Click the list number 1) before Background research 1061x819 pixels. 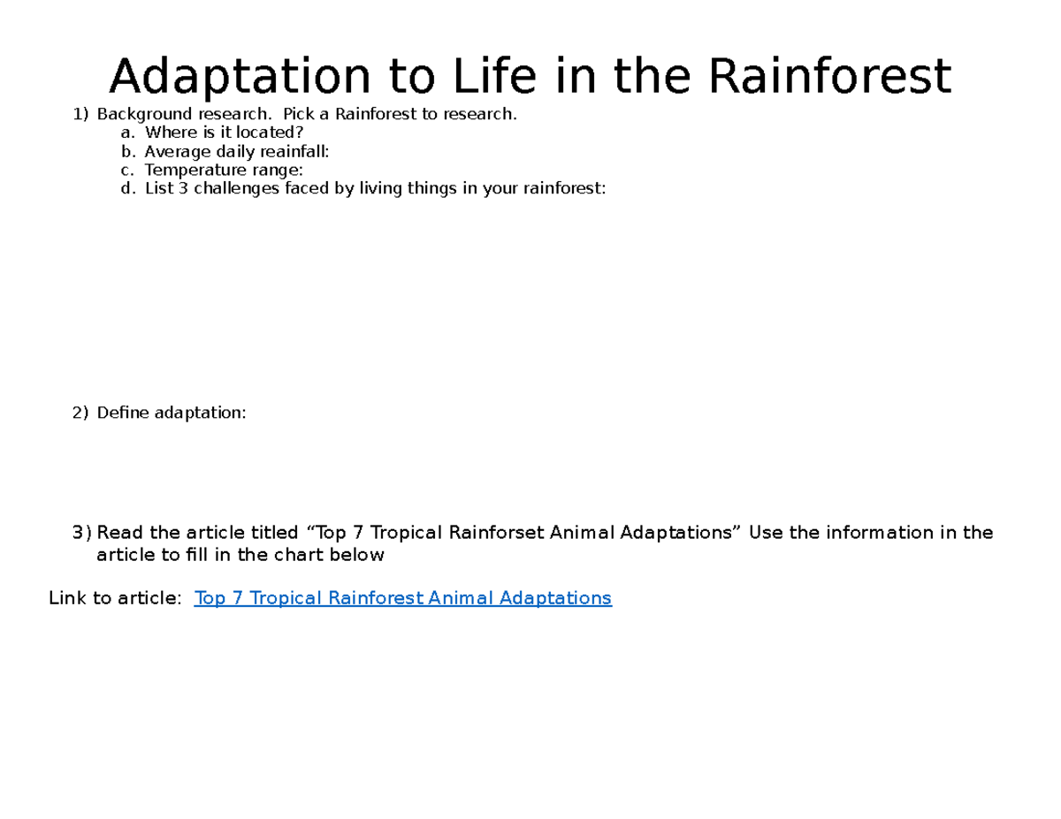[x=81, y=114]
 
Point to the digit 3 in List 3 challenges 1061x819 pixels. [x=183, y=188]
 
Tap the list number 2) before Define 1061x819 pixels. [x=81, y=413]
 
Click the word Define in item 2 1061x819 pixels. [x=124, y=413]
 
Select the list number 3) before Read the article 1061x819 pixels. [x=81, y=533]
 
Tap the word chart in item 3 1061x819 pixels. [x=300, y=555]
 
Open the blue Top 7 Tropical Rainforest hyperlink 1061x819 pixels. [x=402, y=598]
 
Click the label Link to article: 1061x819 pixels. [x=116, y=598]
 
